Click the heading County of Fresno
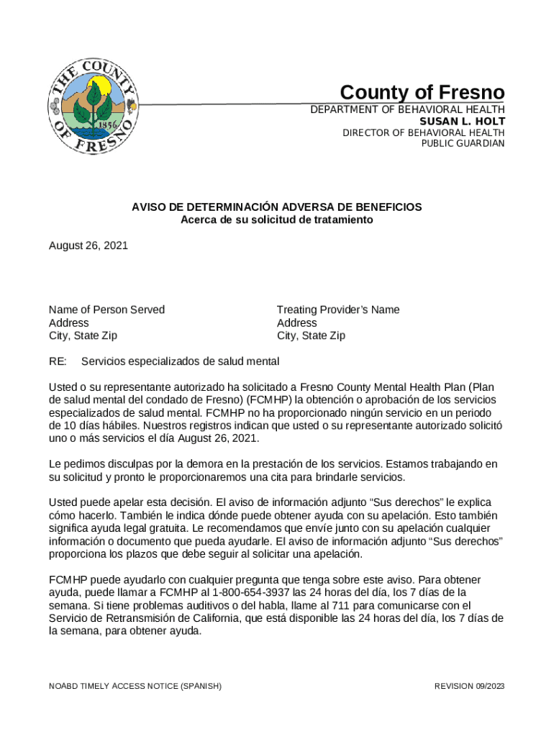coord(422,93)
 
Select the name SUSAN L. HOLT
coord(462,121)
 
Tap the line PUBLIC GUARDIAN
coord(463,143)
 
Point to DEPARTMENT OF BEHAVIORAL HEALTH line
coord(407,109)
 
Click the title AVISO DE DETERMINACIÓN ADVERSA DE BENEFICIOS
coord(276,207)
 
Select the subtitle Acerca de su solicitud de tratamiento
coord(276,220)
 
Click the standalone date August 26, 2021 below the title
coord(88,245)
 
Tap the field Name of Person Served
coord(106,309)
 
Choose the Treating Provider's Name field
coord(338,309)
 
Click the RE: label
coord(58,361)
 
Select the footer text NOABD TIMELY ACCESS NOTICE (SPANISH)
coord(135,686)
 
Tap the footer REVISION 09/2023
coord(469,686)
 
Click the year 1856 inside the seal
coord(108,123)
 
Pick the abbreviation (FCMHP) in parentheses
coord(266,399)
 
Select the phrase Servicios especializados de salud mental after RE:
coord(180,361)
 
